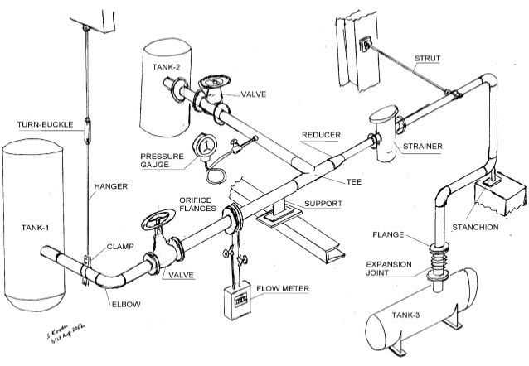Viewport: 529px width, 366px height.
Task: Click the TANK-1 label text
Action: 36,225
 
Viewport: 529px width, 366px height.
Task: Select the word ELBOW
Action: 126,304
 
